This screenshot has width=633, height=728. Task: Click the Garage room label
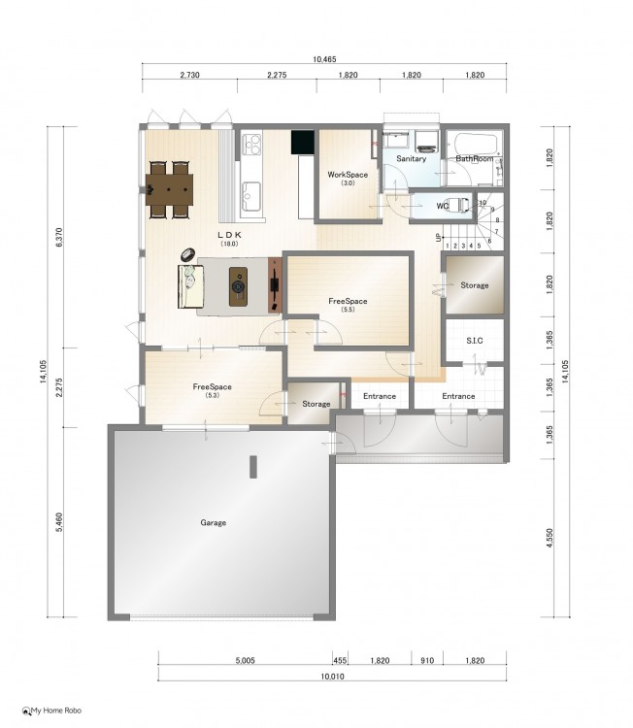tap(214, 522)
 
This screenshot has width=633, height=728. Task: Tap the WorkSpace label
tap(348, 175)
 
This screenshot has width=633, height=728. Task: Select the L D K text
tap(229, 235)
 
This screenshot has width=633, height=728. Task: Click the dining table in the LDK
tap(169, 189)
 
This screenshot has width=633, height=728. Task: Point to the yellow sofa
tap(191, 286)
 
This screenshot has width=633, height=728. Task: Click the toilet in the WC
tap(460, 205)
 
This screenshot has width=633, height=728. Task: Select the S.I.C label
tap(475, 341)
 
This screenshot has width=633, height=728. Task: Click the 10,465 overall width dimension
tap(324, 59)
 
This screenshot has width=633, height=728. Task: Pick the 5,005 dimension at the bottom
tap(245, 660)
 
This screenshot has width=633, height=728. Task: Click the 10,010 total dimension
tap(332, 676)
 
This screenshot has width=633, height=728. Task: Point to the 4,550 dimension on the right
tap(550, 538)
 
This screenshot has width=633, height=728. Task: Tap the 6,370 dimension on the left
tap(59, 237)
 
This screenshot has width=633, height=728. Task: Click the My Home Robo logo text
tap(56, 711)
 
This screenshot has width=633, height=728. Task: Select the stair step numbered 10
tap(483, 203)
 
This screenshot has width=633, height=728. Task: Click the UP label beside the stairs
tap(438, 238)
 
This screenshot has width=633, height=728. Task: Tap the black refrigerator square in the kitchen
tap(303, 142)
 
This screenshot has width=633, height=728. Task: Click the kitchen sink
tap(251, 196)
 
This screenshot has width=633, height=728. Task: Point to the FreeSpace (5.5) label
tap(348, 305)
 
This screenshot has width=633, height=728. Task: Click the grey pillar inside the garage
tap(253, 467)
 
